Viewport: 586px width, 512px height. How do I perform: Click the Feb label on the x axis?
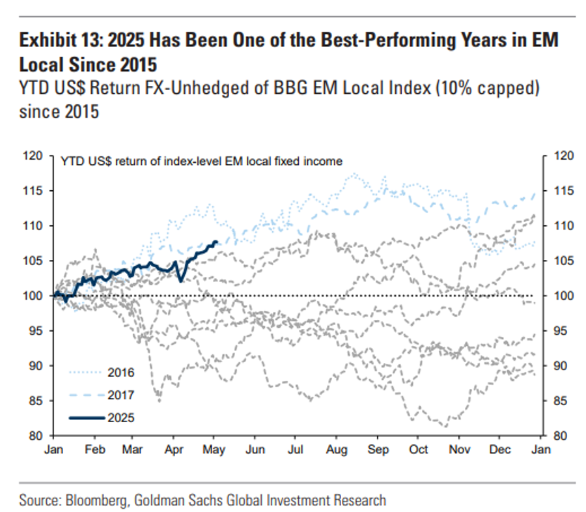[95, 449]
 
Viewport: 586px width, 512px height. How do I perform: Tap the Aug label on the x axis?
[337, 449]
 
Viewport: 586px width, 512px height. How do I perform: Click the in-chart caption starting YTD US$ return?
[201, 160]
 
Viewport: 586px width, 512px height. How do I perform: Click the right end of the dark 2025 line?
[216, 242]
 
